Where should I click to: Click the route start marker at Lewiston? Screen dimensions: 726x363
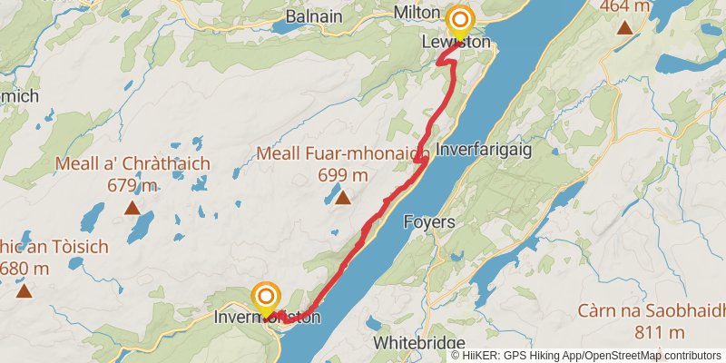(x=461, y=20)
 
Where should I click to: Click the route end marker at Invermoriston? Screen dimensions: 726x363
(x=266, y=297)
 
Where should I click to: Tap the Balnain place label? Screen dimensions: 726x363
(x=314, y=15)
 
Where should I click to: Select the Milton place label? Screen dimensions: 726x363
(x=417, y=13)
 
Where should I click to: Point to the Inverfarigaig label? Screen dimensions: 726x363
(x=484, y=148)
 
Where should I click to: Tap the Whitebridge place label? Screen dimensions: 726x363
(x=419, y=344)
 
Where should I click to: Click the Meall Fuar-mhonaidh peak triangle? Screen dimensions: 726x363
(x=343, y=196)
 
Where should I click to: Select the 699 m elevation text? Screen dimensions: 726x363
(x=343, y=175)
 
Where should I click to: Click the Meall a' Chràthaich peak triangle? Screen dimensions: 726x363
(x=132, y=208)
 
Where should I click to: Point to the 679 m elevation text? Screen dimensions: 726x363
(x=132, y=186)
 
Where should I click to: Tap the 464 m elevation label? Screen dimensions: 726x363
(x=624, y=6)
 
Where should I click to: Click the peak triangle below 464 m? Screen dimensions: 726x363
(x=624, y=26)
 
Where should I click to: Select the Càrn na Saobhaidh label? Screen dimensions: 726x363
(x=651, y=311)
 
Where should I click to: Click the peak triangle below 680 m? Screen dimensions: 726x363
(x=24, y=290)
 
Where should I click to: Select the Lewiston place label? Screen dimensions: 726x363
(x=456, y=43)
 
